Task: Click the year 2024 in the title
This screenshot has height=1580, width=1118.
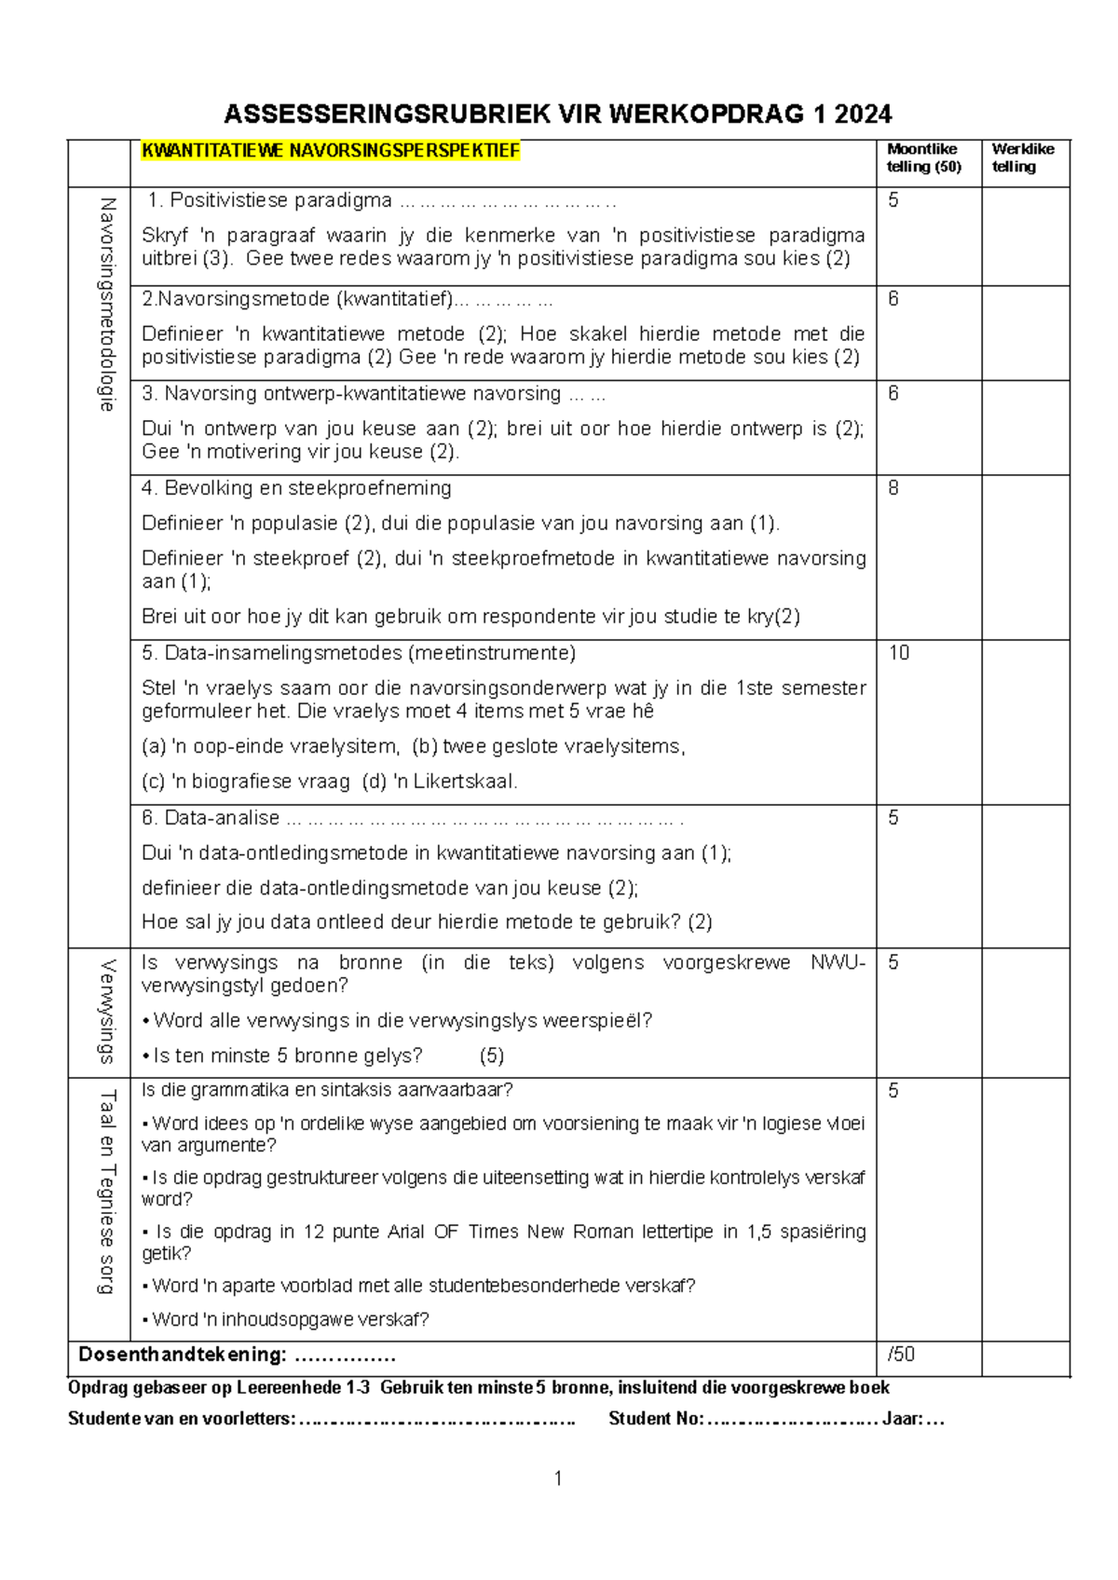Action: coord(863,115)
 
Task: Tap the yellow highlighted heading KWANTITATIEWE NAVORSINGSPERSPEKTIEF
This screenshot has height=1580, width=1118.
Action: coord(330,151)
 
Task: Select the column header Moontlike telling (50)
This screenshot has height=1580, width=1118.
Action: coord(922,157)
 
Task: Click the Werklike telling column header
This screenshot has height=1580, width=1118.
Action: coord(1022,157)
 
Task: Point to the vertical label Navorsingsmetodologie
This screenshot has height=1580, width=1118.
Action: coord(106,305)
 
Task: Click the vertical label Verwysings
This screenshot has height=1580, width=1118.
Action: coord(106,1012)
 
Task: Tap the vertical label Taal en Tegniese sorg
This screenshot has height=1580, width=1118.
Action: coord(106,1192)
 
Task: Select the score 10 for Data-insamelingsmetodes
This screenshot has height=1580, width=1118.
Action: coord(898,653)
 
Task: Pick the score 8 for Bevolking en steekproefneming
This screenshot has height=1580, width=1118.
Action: coord(893,488)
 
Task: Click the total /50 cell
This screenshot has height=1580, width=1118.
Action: coord(901,1354)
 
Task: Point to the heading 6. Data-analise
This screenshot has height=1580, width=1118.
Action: coord(211,818)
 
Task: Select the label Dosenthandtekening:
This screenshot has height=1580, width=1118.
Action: coord(182,1355)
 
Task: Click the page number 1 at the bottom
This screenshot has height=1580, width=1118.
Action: coord(557,1478)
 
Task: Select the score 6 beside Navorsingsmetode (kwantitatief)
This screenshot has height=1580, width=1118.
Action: coord(893,299)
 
